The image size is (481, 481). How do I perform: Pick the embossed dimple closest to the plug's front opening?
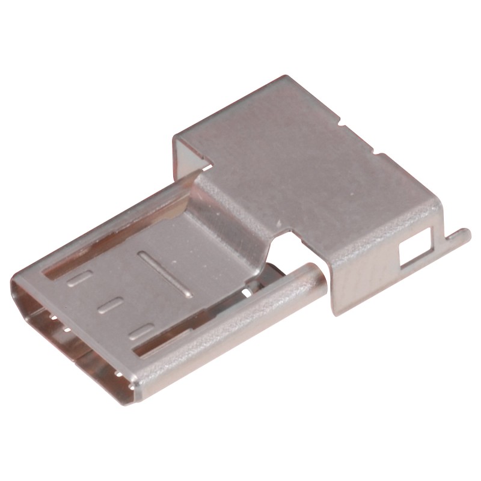click(x=79, y=278)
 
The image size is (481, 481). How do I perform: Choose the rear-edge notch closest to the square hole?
click(x=381, y=156)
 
